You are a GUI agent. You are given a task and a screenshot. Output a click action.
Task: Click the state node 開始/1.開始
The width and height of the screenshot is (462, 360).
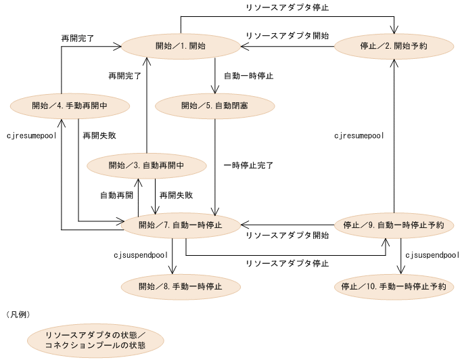pos(181,46)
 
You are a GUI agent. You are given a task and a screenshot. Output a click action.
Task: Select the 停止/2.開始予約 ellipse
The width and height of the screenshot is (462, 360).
pos(393,46)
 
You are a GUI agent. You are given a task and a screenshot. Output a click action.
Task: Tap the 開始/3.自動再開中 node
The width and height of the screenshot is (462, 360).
pos(146,165)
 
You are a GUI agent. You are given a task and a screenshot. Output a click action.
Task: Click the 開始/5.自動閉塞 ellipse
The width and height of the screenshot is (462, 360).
pos(215,106)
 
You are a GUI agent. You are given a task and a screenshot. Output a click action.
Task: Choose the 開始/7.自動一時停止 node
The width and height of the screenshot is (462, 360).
pos(180,225)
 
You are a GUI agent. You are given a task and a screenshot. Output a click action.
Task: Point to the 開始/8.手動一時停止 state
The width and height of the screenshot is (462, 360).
pos(180,286)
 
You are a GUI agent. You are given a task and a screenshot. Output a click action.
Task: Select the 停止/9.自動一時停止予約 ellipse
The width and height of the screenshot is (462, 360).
pos(393,225)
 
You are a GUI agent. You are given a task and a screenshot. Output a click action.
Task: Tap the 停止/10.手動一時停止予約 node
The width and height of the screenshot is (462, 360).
pos(393,286)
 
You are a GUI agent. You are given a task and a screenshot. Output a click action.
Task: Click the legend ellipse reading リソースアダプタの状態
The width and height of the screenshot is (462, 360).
pos(95,340)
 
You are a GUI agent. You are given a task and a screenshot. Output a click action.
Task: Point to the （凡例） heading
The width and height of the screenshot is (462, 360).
pos(18,315)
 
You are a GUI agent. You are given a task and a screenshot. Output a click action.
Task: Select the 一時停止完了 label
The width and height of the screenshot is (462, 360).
pos(248,164)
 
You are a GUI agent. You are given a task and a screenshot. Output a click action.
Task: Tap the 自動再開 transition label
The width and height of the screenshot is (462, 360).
pos(116,195)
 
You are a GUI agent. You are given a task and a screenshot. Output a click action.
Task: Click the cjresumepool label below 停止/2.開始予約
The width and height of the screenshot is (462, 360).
pos(359,135)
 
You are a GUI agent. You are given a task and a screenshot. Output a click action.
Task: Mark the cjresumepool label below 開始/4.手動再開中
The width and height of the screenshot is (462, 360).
pos(30,135)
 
